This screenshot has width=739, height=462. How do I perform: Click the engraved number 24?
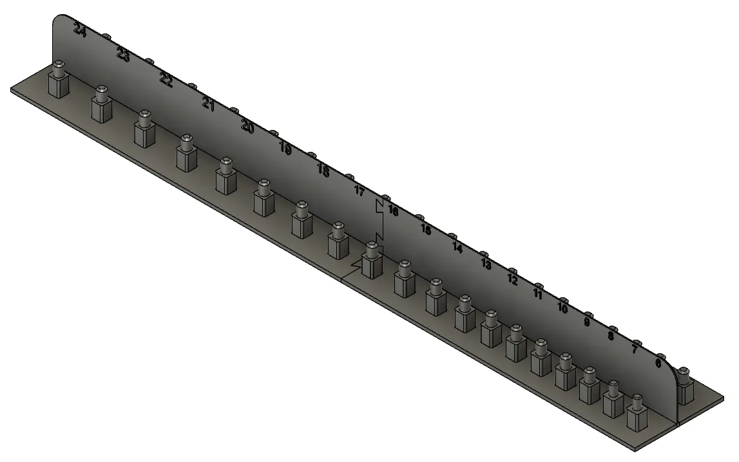tap(80, 30)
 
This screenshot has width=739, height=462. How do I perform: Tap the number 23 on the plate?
tap(123, 55)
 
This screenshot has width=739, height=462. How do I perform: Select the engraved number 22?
tap(166, 80)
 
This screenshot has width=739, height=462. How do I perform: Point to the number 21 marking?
tap(208, 104)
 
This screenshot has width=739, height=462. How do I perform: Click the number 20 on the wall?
tap(247, 126)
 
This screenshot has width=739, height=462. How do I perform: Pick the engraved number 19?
tap(285, 149)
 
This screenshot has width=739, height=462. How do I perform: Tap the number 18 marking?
tap(323, 171)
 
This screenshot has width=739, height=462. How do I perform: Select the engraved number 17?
tap(360, 191)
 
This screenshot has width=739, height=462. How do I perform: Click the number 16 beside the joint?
tap(393, 211)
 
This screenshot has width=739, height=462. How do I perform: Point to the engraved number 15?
tap(426, 229)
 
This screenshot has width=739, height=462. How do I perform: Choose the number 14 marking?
tap(457, 247)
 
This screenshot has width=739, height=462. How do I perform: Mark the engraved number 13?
tap(486, 264)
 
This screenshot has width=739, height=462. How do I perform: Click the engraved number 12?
tap(512, 279)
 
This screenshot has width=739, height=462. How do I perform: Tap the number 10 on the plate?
tap(562, 308)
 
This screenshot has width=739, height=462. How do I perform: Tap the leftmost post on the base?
tap(58, 80)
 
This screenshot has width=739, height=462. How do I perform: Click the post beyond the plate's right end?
tap(684, 386)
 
